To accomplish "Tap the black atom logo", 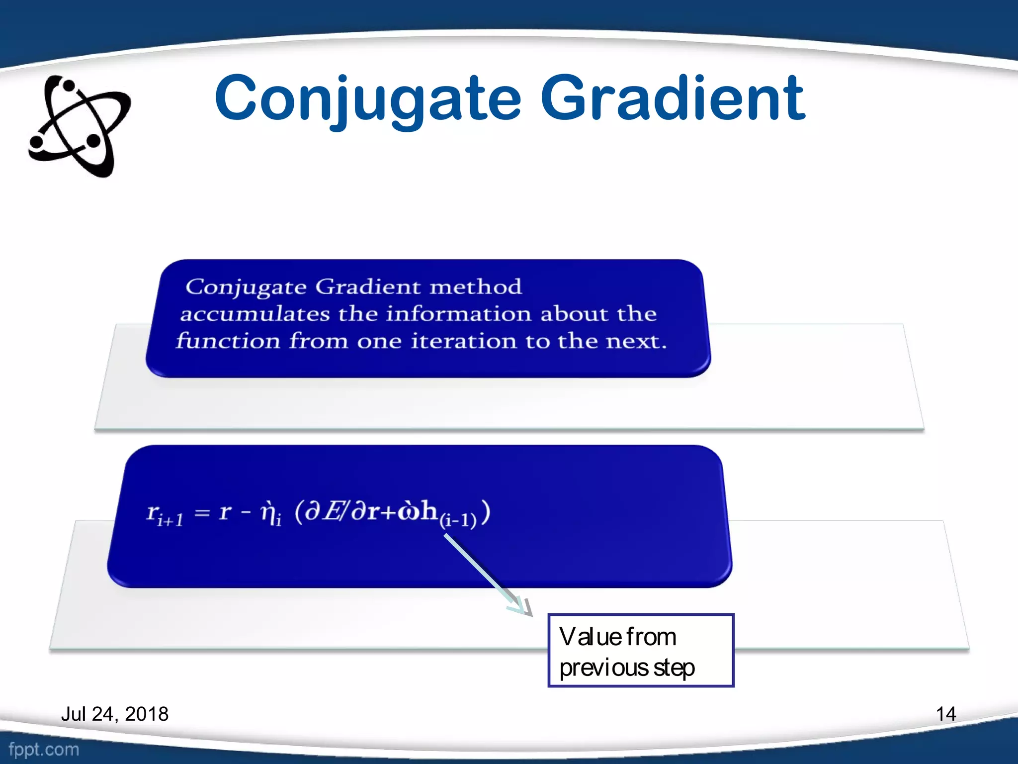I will click(x=80, y=126).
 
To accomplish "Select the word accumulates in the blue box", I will click(x=254, y=314).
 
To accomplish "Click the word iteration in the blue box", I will click(x=464, y=341).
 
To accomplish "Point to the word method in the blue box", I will click(x=475, y=287).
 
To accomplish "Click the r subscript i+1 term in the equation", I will click(x=165, y=514).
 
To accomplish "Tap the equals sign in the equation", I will click(x=202, y=512).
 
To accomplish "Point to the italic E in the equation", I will click(x=332, y=511).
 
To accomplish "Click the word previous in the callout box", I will click(x=603, y=668).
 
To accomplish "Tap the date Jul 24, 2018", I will click(x=115, y=714).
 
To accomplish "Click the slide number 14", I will click(x=945, y=714).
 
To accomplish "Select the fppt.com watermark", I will click(x=44, y=749).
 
